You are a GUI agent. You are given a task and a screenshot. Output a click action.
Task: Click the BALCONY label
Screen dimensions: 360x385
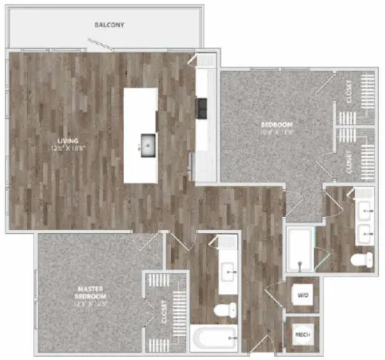point(109,25)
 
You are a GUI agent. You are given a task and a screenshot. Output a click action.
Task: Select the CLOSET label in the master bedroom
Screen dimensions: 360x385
point(164,310)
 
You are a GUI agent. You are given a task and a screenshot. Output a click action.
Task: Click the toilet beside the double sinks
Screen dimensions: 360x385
point(361,259)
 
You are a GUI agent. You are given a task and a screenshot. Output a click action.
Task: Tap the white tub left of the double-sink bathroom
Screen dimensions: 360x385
point(300,248)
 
